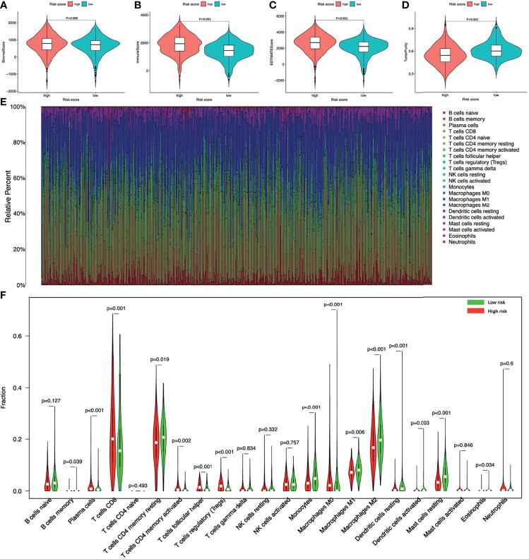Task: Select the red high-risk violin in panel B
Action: (179, 46)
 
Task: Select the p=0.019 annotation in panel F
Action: (167, 361)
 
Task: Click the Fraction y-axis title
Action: (7, 402)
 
